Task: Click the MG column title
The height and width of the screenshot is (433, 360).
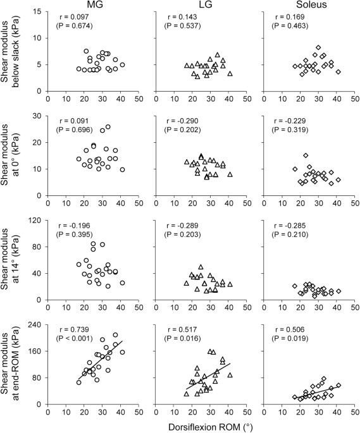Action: point(93,5)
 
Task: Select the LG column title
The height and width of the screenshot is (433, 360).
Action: point(196,5)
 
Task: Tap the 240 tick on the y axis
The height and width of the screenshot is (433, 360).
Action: point(37,324)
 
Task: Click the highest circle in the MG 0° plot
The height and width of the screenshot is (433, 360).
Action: point(108,127)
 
